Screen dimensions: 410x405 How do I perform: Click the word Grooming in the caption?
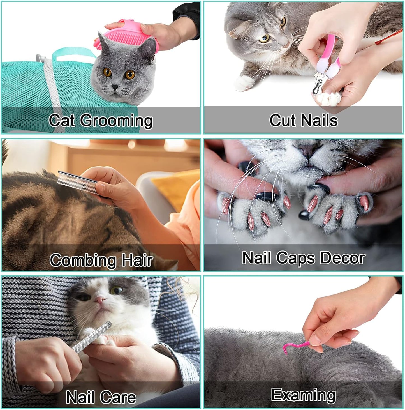pyautogui.click(x=116, y=121)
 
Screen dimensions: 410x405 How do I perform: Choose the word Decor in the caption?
pyautogui.click(x=342, y=258)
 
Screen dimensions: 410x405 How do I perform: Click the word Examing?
pyautogui.click(x=304, y=395)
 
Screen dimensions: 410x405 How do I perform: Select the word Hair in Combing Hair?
pyautogui.click(x=137, y=260)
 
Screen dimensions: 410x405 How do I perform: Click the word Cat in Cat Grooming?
pyautogui.click(x=62, y=121)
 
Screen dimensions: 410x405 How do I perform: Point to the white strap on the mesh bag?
pyautogui.click(x=52, y=84)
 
